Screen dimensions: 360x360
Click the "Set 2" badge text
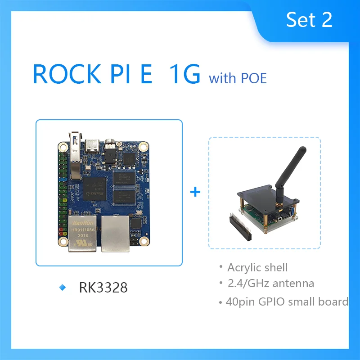[309, 19]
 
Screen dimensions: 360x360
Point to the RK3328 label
[103, 288]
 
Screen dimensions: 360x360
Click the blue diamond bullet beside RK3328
[63, 288]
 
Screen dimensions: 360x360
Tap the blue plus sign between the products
[195, 192]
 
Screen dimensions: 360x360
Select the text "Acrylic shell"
[257, 267]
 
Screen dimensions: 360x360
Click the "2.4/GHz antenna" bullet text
[270, 283]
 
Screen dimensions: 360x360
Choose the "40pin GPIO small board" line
[287, 301]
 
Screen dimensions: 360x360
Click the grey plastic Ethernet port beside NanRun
[115, 232]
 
